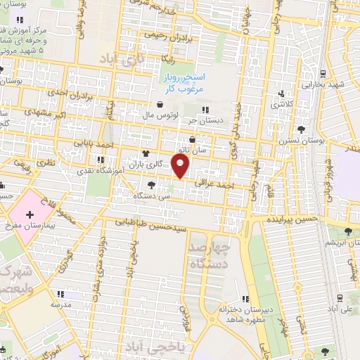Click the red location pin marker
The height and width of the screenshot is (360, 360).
tap(181, 167)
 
